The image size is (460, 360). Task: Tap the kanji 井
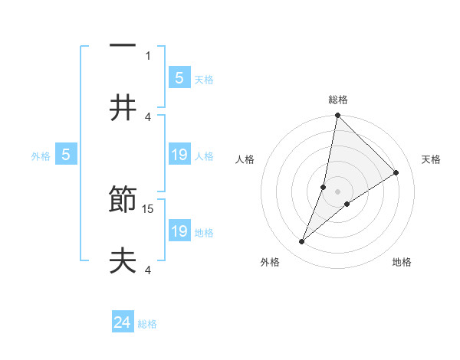pyautogui.click(x=123, y=108)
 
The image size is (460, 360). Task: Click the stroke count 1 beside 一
pyautogui.click(x=148, y=55)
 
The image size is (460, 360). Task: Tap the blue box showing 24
pyautogui.click(x=123, y=323)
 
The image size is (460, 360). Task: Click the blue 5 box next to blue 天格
pyautogui.click(x=179, y=77)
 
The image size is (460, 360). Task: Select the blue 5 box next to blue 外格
pyautogui.click(x=66, y=155)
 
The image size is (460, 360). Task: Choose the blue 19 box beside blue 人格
pyautogui.click(x=179, y=155)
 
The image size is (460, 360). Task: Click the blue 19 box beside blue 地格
pyautogui.click(x=179, y=231)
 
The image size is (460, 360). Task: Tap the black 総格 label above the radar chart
pyautogui.click(x=338, y=100)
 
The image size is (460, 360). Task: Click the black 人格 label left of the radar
pyautogui.click(x=245, y=159)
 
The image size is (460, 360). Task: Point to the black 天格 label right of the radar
pyautogui.click(x=432, y=159)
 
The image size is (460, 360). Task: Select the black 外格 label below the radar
pyautogui.click(x=270, y=263)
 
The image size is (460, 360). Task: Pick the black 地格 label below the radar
pyautogui.click(x=402, y=263)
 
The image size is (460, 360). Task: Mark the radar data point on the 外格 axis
pyautogui.click(x=302, y=242)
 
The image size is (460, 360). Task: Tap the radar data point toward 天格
pyautogui.click(x=396, y=173)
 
